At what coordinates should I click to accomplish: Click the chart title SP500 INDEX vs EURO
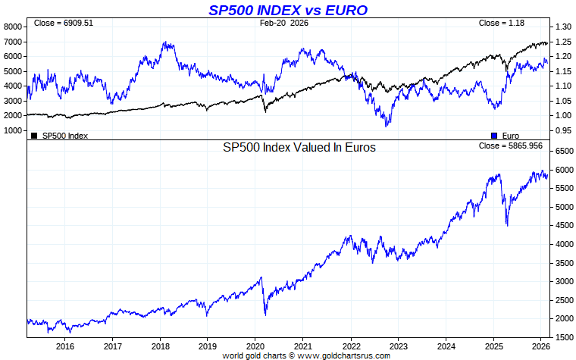[x=288, y=10]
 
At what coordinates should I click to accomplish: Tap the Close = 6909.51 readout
[x=63, y=23]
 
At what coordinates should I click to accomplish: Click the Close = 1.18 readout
[x=501, y=23]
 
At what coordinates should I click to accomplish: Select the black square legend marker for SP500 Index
[x=34, y=135]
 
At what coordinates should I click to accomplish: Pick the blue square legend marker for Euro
[x=494, y=135]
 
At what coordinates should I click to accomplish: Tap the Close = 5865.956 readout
[x=511, y=146]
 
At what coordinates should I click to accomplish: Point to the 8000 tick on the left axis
[x=14, y=27]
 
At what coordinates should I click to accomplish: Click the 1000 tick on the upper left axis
[x=14, y=130]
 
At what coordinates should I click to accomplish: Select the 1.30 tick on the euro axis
[x=562, y=27]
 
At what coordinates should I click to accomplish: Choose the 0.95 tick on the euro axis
[x=562, y=130]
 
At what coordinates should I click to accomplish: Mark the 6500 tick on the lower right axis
[x=563, y=152]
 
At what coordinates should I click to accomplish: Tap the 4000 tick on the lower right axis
[x=563, y=244]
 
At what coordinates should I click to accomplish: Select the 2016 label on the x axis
[x=65, y=347]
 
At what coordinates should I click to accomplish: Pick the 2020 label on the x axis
[x=255, y=347]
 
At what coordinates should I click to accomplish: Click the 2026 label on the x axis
[x=540, y=347]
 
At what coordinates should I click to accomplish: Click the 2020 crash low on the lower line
[x=265, y=315]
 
